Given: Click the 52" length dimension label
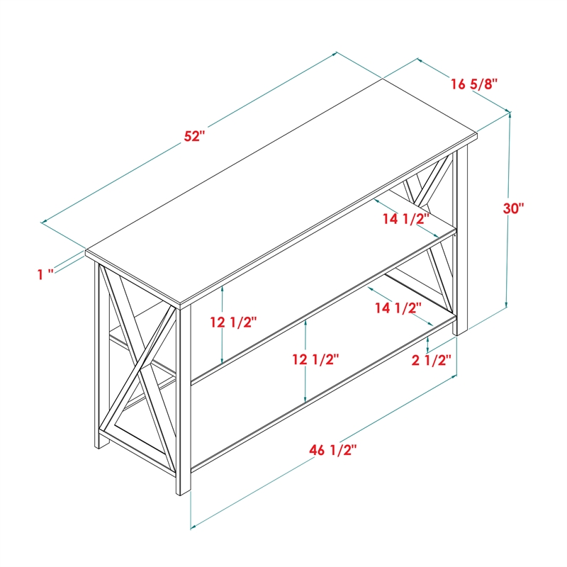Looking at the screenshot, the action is click(194, 136).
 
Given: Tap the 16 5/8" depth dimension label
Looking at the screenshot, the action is click(474, 84).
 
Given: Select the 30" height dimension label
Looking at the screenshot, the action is click(513, 208).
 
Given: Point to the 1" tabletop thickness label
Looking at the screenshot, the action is click(46, 274).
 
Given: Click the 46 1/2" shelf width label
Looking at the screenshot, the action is click(332, 450).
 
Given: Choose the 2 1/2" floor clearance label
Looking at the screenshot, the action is click(432, 360).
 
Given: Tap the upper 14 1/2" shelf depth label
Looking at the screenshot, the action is click(406, 219).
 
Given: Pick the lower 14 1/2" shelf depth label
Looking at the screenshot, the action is click(398, 308).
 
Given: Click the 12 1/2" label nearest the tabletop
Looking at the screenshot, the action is click(234, 322).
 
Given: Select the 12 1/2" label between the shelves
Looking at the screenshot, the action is click(315, 359).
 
